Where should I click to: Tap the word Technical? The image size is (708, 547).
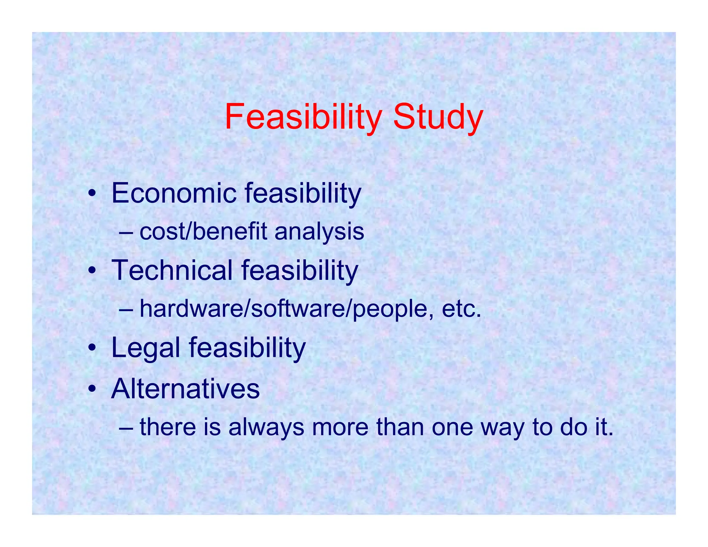(x=172, y=270)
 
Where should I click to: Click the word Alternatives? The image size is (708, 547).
(x=185, y=389)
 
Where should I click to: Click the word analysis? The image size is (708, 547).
(x=319, y=231)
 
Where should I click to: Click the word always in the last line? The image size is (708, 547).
(x=266, y=427)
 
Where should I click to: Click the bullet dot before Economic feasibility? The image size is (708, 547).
(x=91, y=194)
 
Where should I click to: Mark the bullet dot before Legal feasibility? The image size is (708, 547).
(x=91, y=347)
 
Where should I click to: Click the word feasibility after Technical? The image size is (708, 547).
(x=299, y=270)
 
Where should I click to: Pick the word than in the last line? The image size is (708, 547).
(x=400, y=427)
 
